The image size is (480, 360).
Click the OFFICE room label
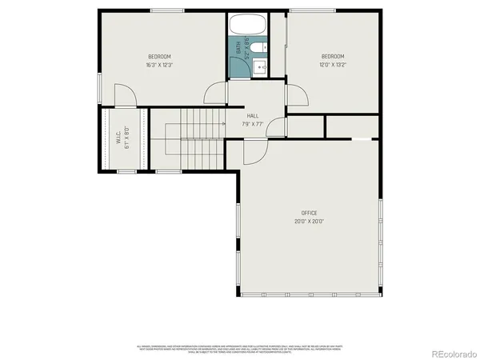tap(309, 213)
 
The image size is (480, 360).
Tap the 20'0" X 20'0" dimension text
tap(309, 222)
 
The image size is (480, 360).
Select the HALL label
tap(252, 116)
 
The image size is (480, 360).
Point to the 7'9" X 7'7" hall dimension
tap(253, 124)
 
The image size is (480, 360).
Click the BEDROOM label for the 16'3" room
tap(160, 56)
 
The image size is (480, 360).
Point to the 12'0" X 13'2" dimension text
tap(333, 64)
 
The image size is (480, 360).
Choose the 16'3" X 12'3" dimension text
tap(160, 64)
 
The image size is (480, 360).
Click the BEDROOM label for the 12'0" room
tap(333, 56)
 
